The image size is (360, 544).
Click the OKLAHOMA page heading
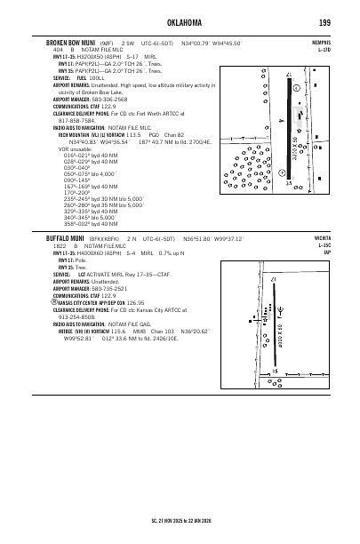click(x=179, y=22)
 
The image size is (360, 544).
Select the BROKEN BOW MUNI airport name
click(x=73, y=41)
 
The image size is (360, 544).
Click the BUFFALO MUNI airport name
click(x=64, y=239)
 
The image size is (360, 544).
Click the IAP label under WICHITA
click(x=327, y=253)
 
